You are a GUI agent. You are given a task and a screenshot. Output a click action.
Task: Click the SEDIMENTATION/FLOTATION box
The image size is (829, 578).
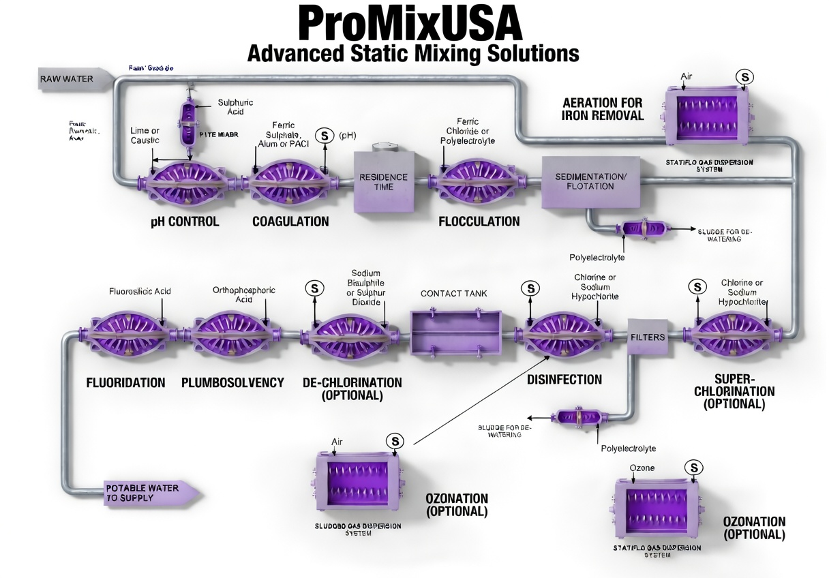590,182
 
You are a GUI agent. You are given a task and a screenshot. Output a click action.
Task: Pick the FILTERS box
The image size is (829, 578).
647,337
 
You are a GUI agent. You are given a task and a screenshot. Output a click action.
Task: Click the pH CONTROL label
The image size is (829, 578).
185,222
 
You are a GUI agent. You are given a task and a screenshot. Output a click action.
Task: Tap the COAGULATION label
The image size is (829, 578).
290,222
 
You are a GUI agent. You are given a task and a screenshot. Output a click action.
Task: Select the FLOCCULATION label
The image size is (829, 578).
479,222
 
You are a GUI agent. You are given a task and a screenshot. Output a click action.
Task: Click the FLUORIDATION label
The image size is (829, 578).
125,382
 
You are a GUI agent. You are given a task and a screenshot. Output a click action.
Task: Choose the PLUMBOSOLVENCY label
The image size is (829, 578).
232,382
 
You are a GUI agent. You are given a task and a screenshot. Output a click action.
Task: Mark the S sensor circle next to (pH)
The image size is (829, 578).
323,136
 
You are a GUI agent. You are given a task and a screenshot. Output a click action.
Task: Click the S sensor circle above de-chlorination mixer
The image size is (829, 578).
314,288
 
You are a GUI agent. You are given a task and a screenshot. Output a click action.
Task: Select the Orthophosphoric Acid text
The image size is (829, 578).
244,294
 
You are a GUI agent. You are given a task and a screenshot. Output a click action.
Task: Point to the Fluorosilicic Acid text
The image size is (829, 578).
140,291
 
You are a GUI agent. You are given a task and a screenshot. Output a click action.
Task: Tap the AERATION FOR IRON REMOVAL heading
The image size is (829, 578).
603,109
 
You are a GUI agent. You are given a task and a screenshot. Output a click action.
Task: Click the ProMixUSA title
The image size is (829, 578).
410,23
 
